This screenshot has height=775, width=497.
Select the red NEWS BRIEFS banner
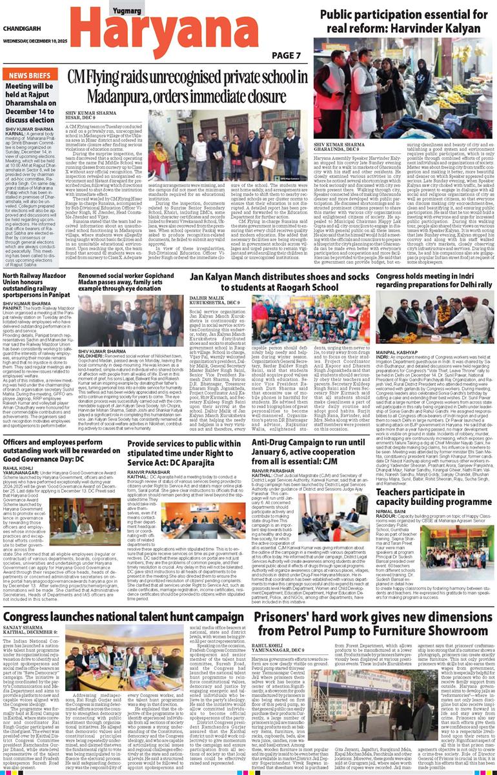[x=30, y=75]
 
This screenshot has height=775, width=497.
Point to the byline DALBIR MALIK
[x=206, y=298]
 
